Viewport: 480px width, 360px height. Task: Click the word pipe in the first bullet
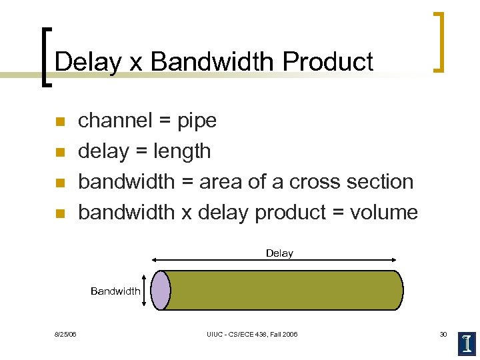tap(197, 121)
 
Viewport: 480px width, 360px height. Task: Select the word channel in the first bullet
tap(113, 121)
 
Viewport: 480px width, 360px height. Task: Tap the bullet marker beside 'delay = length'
tap(59, 153)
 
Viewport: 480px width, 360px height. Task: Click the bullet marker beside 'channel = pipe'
tap(59, 122)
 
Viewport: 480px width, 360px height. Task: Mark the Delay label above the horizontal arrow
tap(279, 253)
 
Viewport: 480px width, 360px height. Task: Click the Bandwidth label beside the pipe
tap(115, 291)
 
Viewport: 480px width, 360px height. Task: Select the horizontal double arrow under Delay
tap(275, 261)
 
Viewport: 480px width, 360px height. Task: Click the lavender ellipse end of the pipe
tap(160, 291)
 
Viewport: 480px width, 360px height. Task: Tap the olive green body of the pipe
tap(283, 291)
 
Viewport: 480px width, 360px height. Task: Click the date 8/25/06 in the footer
tap(65, 334)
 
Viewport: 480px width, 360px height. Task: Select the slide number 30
tap(443, 334)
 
